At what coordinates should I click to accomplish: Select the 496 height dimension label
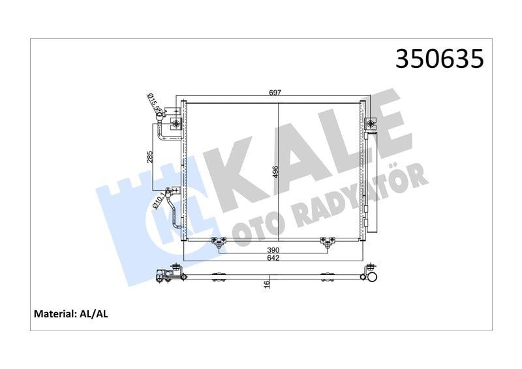(x=275, y=172)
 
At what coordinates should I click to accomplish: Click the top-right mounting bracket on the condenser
(x=370, y=123)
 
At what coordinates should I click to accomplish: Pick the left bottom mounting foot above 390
(x=219, y=244)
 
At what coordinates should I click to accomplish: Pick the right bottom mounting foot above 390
(x=325, y=244)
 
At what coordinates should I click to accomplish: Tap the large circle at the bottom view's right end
(x=371, y=278)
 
